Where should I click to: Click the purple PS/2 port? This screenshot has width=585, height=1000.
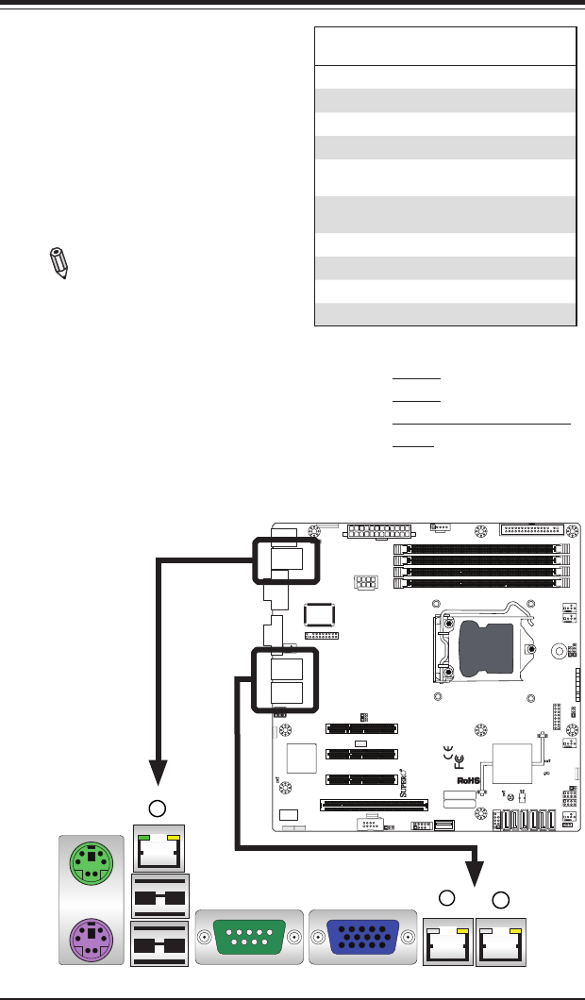[x=90, y=937]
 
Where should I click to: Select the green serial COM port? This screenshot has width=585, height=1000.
[x=249, y=938]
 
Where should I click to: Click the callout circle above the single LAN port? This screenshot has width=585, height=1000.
[x=160, y=808]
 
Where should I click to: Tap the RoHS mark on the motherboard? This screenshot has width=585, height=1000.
[x=468, y=781]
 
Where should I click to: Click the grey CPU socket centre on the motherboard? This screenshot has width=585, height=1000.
[x=486, y=648]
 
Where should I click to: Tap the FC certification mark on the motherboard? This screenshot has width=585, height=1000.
[x=460, y=759]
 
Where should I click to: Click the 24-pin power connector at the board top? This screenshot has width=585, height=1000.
[x=380, y=530]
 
